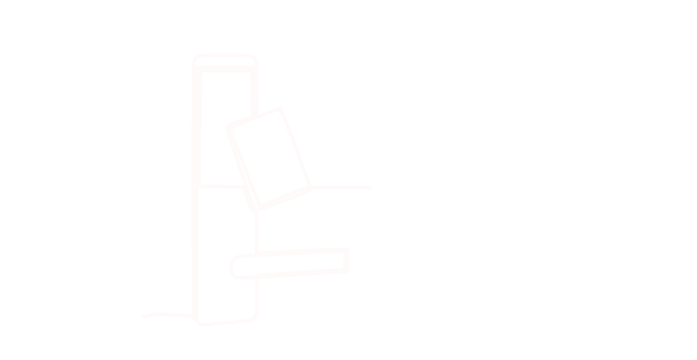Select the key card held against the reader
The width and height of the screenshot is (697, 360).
click(268, 158)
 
